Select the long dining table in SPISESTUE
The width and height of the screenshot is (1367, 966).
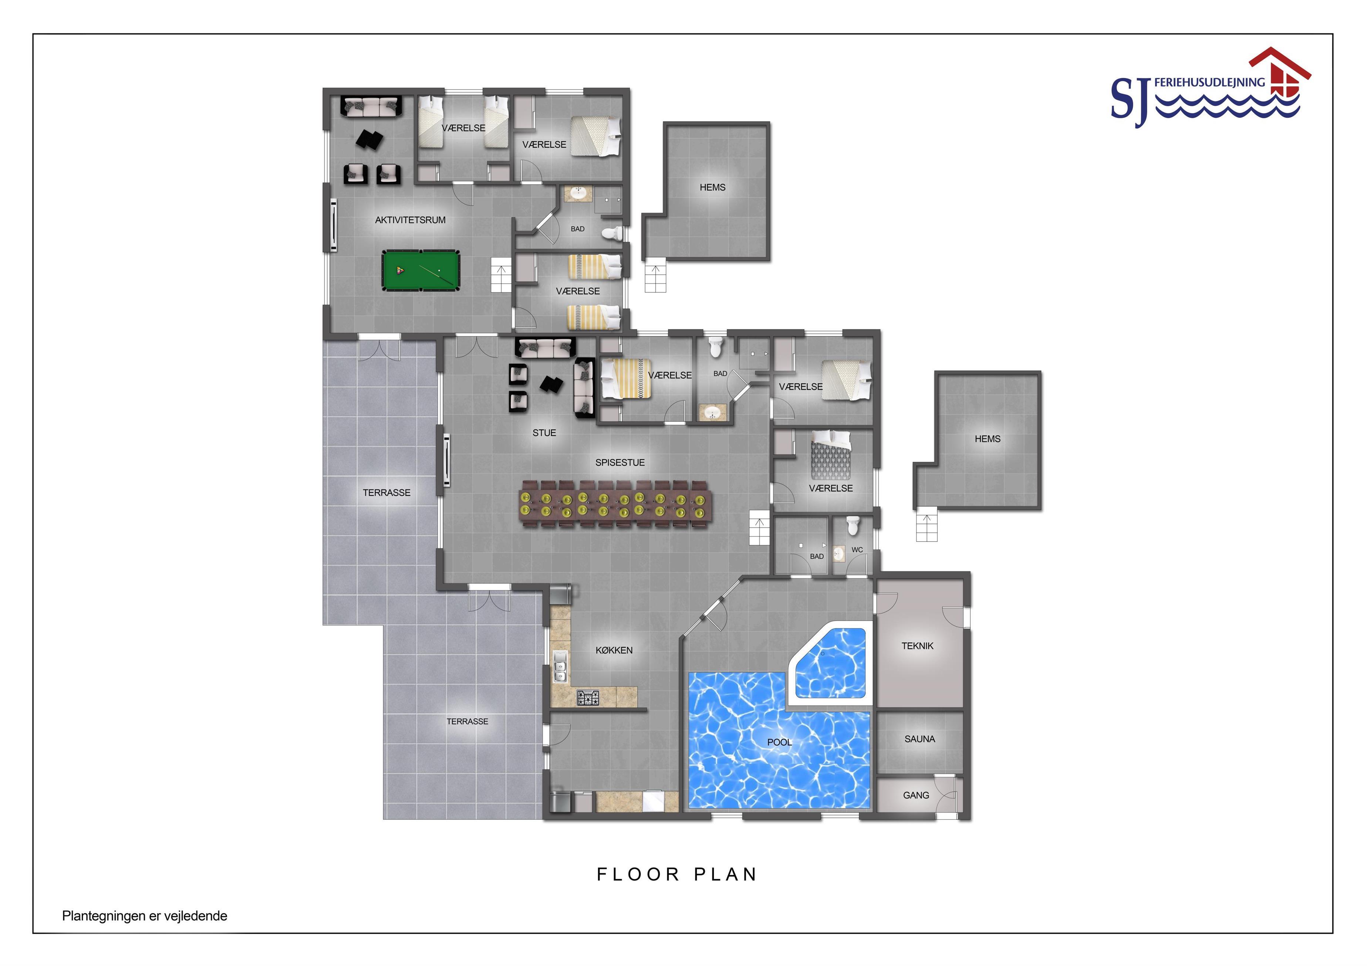click(615, 503)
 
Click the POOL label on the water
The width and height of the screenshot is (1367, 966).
click(779, 742)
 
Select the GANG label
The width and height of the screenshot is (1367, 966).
click(916, 795)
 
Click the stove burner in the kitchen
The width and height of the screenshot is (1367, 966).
click(588, 698)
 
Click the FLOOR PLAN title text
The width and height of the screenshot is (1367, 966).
click(677, 874)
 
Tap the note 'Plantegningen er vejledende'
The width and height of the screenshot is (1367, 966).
click(145, 916)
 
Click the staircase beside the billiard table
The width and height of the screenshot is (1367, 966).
click(501, 275)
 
